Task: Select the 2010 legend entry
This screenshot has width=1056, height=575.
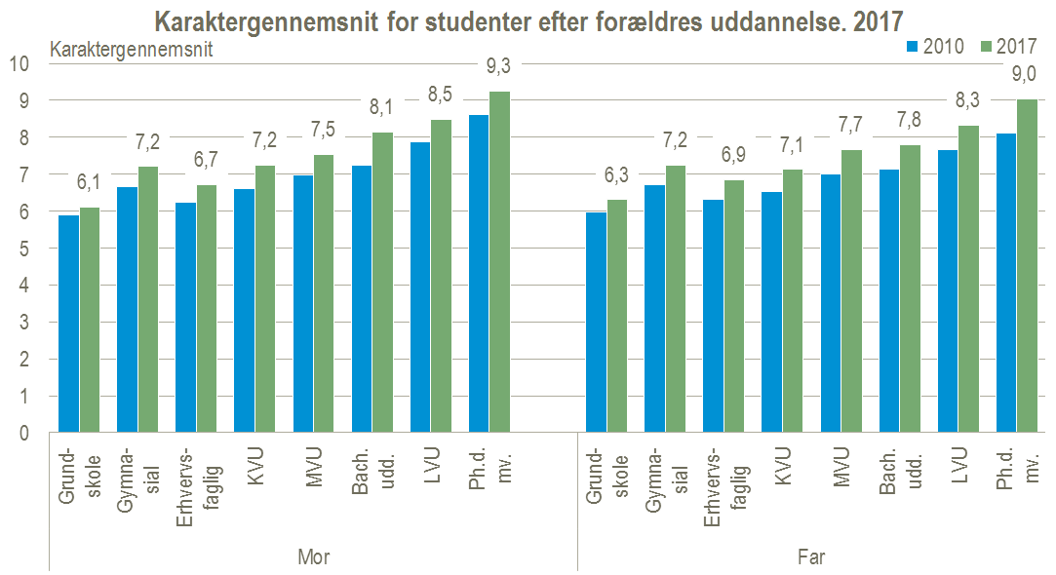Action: (x=936, y=45)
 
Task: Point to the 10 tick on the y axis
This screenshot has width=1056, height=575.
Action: (x=20, y=63)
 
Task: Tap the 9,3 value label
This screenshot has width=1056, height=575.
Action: (x=499, y=66)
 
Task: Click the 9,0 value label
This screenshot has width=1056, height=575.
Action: (x=1024, y=74)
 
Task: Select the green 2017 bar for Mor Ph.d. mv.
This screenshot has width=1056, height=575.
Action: (x=499, y=262)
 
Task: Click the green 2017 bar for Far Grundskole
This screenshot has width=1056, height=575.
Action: (x=616, y=316)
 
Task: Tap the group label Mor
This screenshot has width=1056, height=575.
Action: (x=313, y=557)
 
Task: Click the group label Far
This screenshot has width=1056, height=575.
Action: (x=811, y=557)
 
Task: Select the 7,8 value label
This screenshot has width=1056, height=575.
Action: (x=909, y=119)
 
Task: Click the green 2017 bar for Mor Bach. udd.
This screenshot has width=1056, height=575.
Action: (x=382, y=283)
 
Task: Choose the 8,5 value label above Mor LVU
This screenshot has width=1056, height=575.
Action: (x=441, y=96)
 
